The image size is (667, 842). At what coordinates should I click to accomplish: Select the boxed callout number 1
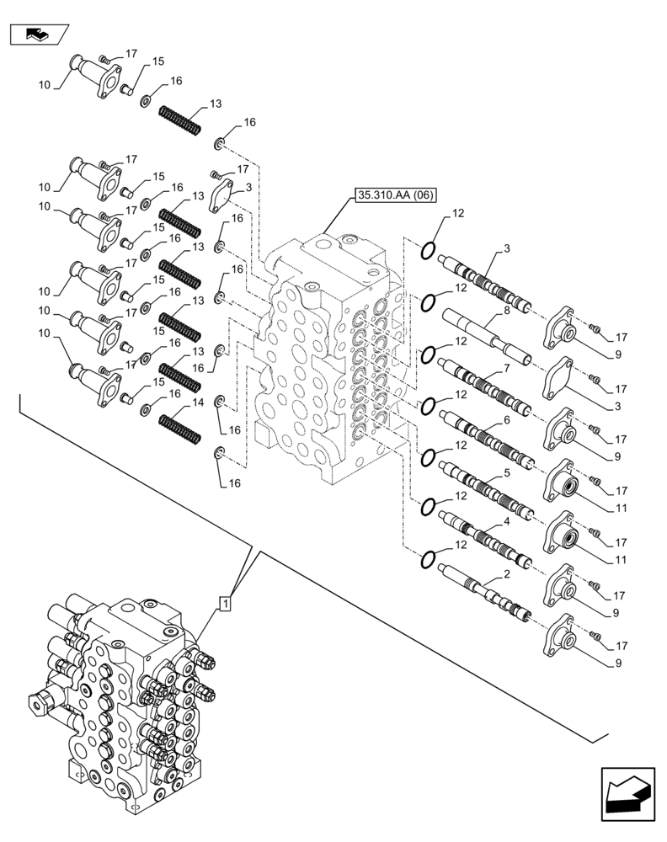(x=225, y=603)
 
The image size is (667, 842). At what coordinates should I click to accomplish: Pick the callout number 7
(x=507, y=369)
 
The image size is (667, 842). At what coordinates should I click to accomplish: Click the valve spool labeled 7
(x=484, y=384)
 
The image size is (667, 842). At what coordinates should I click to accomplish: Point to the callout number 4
(x=505, y=523)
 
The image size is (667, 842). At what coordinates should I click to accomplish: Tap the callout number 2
(x=505, y=574)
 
